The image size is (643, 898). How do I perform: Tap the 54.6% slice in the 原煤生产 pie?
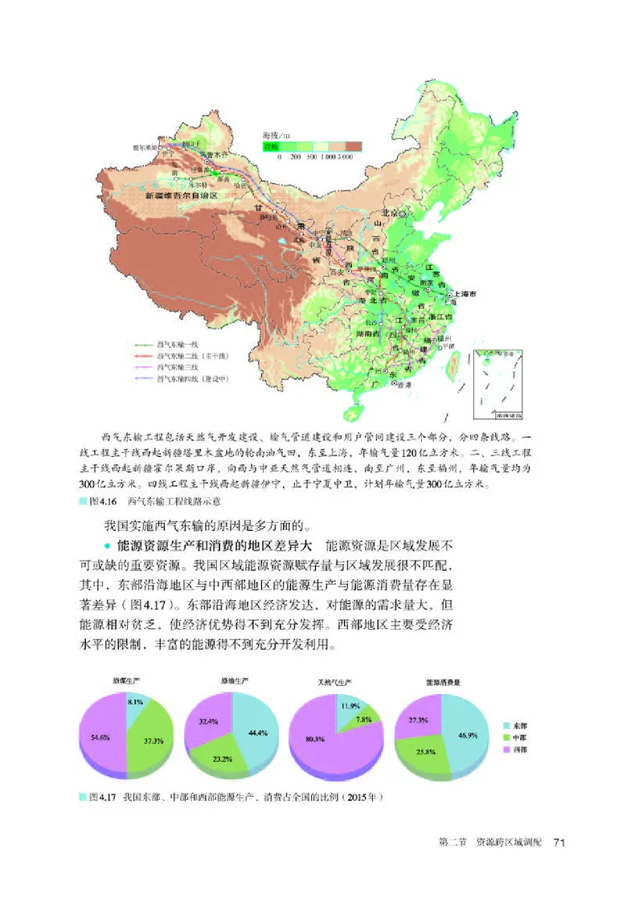coord(102,736)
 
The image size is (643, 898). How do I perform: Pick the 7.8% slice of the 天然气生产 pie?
coord(361,720)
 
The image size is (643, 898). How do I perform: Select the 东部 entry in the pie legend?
coord(518,725)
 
